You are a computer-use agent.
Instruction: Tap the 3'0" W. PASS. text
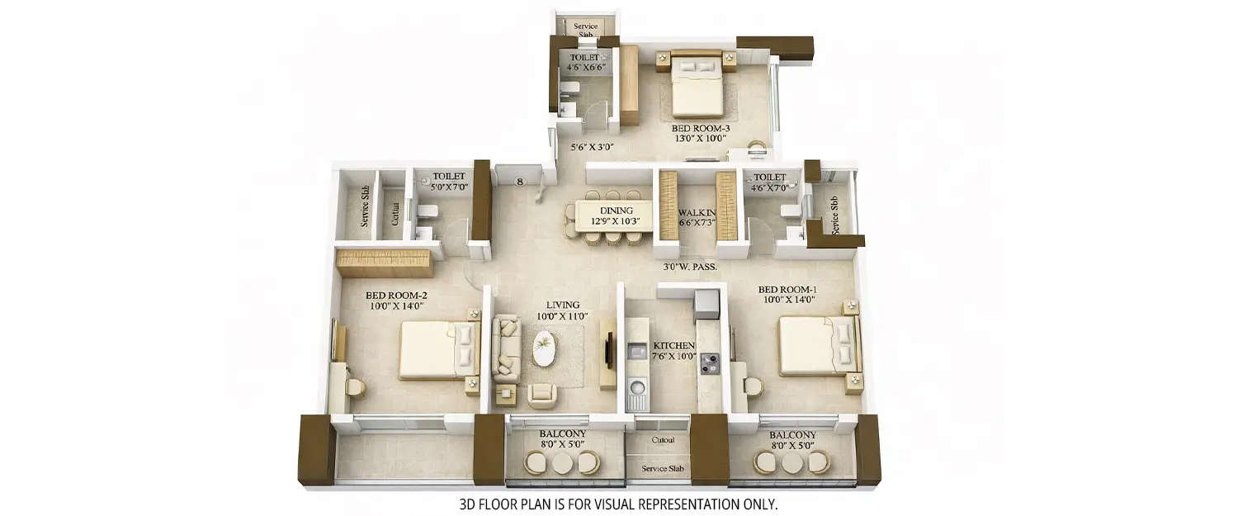[689, 267]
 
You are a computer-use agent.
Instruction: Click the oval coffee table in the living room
[544, 348]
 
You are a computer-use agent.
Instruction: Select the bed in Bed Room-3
[697, 89]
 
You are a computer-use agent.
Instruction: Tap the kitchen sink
[636, 387]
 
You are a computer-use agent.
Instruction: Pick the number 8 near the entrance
[519, 182]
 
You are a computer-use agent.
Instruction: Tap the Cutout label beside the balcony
[663, 440]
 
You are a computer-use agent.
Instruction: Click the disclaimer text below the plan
[618, 503]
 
